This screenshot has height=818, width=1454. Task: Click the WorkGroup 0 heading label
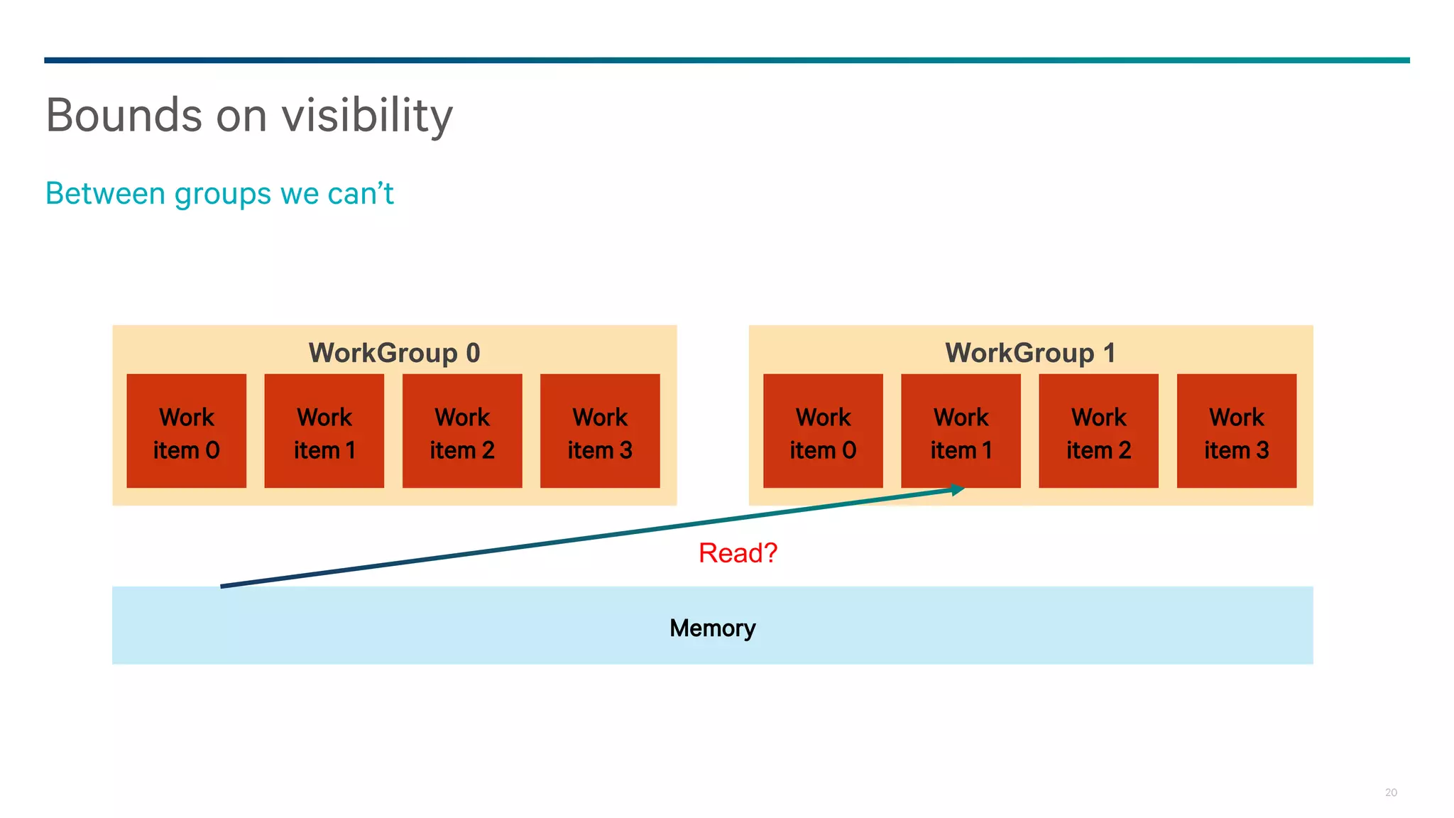pyautogui.click(x=394, y=353)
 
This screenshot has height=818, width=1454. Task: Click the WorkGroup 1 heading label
pyautogui.click(x=1030, y=353)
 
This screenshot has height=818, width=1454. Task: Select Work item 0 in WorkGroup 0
pyautogui.click(x=187, y=431)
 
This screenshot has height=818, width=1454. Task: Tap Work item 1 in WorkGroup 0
pyautogui.click(x=324, y=431)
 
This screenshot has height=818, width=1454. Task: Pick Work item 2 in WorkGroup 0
pyautogui.click(x=462, y=431)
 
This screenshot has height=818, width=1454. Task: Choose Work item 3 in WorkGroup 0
pyautogui.click(x=600, y=431)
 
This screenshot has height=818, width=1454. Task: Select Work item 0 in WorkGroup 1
pyautogui.click(x=823, y=431)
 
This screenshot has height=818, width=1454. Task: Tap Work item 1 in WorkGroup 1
pyautogui.click(x=961, y=431)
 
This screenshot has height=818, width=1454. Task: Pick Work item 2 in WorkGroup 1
pyautogui.click(x=1098, y=431)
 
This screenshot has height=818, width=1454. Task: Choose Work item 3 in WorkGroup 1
pyautogui.click(x=1237, y=431)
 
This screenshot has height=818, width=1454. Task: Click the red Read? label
pyautogui.click(x=738, y=552)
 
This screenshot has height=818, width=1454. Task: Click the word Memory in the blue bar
pyautogui.click(x=712, y=628)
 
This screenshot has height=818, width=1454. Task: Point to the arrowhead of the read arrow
pyautogui.click(x=958, y=489)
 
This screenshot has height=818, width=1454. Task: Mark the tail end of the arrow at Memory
pyautogui.click(x=223, y=586)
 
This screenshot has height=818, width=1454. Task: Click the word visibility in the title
pyautogui.click(x=367, y=115)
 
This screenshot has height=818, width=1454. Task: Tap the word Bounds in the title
pyautogui.click(x=124, y=115)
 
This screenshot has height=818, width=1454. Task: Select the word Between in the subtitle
pyautogui.click(x=105, y=193)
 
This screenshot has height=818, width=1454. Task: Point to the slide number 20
pyautogui.click(x=1391, y=792)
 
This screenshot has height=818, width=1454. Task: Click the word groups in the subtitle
pyautogui.click(x=223, y=193)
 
